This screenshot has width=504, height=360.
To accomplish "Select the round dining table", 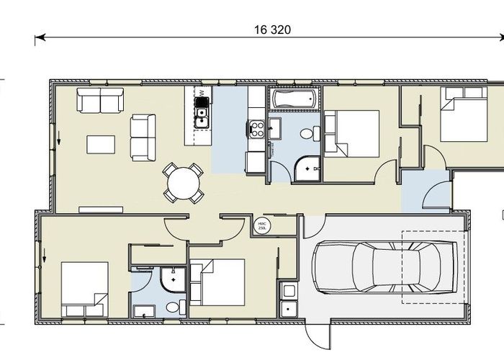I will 183,183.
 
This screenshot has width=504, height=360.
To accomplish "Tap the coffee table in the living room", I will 101,144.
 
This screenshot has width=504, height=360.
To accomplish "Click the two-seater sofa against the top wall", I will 100,102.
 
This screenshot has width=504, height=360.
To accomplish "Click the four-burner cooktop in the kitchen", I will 256,129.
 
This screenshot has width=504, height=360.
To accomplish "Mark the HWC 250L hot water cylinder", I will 262,225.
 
